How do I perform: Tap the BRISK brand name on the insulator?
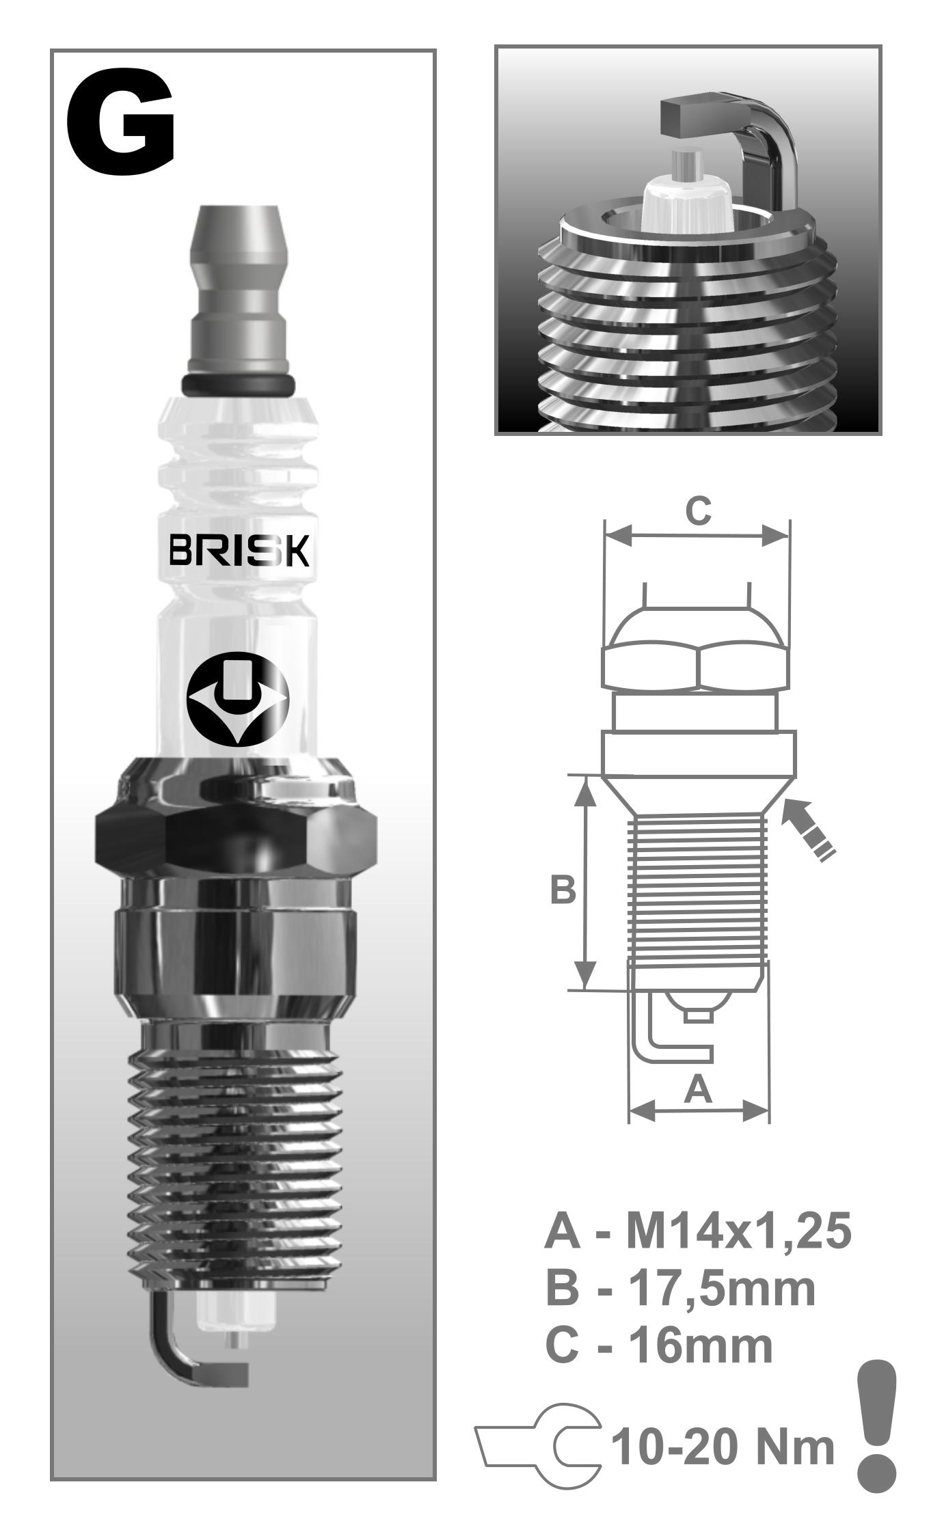[239, 550]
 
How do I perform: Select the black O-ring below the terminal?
[238, 384]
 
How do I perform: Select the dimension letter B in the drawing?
[563, 890]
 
